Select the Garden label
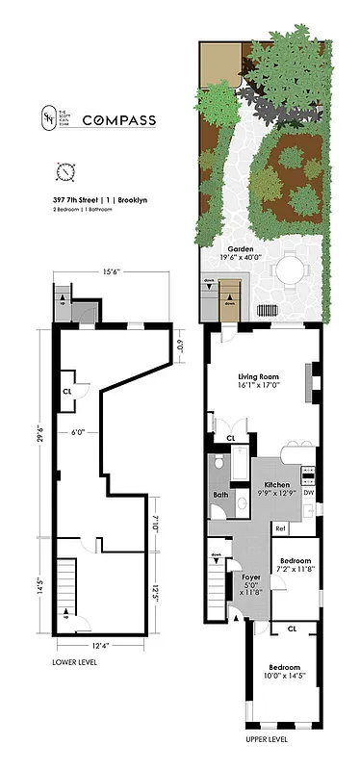tap(240, 247)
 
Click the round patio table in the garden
tap(290, 271)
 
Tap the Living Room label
tap(257, 377)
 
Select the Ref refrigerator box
tap(280, 528)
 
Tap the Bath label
tap(219, 496)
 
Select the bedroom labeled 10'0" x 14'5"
tap(285, 672)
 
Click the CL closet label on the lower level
tap(66, 392)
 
